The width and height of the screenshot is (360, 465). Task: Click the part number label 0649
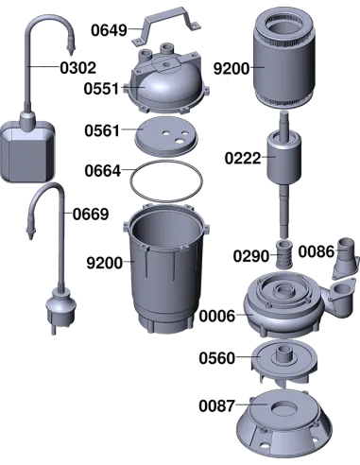pos(109,30)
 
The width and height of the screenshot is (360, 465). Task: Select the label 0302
pos(78,68)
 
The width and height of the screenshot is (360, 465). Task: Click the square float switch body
pos(27,151)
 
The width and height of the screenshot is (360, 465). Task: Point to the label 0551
pos(101,89)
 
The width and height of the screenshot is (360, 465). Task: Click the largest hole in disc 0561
pos(180,141)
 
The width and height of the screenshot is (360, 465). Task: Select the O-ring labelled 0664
pos(166,181)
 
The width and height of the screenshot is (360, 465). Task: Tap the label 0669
pos(91,215)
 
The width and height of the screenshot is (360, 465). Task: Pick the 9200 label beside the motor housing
pos(105,263)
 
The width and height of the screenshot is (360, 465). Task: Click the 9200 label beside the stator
pos(231,68)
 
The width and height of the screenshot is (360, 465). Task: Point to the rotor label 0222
pos(243,159)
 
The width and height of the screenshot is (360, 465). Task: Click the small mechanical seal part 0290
pos(284,254)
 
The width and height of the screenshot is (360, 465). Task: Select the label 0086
pos(317,251)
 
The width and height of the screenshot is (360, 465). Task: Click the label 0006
pos(217,316)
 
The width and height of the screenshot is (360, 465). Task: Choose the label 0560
pos(217,358)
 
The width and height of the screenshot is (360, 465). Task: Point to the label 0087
pos(217,405)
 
